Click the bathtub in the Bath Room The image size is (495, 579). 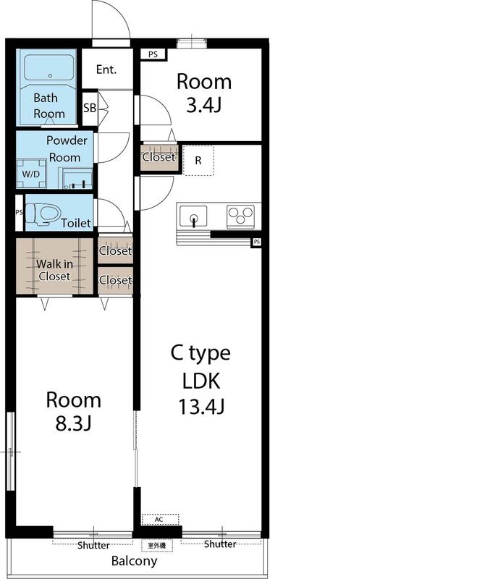coord(49,69)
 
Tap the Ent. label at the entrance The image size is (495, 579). coord(106,70)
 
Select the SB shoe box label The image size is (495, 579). coord(89,108)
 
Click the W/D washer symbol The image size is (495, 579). coord(31,174)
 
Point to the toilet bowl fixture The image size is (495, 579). coord(45,213)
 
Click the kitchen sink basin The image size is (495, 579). coord(192,216)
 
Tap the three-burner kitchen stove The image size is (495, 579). coord(240,215)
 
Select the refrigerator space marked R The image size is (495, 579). coord(198,160)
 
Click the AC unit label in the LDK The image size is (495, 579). coord(157,520)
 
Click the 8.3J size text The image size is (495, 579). coord(73,423)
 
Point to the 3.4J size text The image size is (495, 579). coord(204,106)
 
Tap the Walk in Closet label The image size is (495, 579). coord(54,270)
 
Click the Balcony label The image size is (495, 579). coord(134,561)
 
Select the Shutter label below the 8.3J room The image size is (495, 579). coord(93,545)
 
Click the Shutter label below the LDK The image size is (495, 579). coord(220,544)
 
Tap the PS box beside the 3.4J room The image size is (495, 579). coord(153,54)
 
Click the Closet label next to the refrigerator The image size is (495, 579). coord(158,157)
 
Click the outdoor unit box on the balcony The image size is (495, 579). coord(158,545)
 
